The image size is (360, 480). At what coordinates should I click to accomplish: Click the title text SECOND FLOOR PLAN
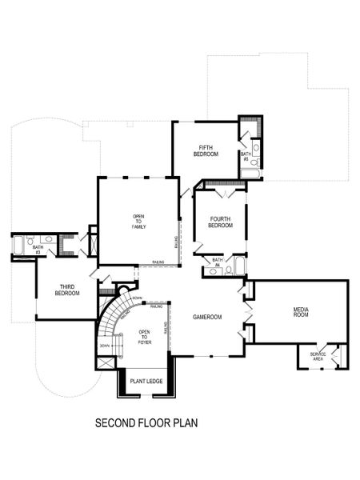(x=146, y=422)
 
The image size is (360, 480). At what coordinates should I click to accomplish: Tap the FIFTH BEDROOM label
(x=205, y=150)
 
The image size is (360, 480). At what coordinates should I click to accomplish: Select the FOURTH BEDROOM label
(x=220, y=222)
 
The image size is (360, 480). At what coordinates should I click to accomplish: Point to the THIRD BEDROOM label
(x=66, y=290)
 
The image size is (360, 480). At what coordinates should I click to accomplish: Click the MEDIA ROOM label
(x=301, y=312)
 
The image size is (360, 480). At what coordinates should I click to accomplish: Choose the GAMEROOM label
(x=206, y=317)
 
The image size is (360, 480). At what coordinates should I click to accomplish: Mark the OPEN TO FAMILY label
(x=138, y=222)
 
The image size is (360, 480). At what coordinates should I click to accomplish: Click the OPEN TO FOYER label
(x=145, y=337)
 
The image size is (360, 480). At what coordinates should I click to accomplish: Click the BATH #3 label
(x=38, y=250)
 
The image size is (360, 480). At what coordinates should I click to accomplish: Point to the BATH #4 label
(x=217, y=262)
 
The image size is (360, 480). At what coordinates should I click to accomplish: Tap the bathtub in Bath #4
(x=238, y=263)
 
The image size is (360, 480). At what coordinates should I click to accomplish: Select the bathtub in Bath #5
(x=250, y=172)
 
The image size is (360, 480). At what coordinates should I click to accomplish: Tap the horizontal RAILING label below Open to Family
(x=158, y=262)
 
